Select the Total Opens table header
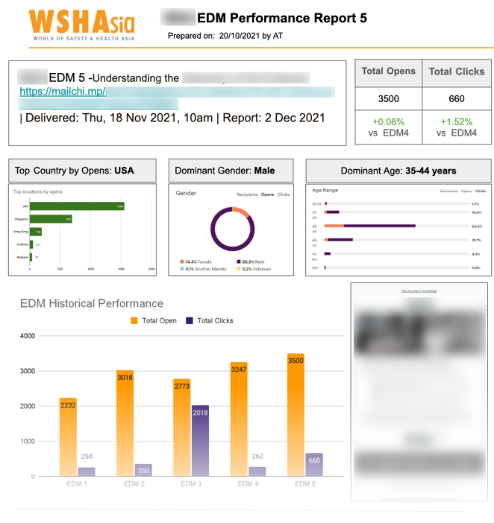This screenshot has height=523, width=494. pyautogui.click(x=388, y=72)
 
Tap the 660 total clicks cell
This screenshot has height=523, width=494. pyautogui.click(x=456, y=98)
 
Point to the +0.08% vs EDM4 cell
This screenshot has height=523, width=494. pyautogui.click(x=388, y=126)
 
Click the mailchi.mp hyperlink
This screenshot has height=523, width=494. pyautogui.click(x=63, y=92)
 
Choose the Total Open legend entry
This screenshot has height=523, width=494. pyautogui.click(x=153, y=320)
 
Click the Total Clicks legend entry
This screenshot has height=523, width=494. pyautogui.click(x=210, y=320)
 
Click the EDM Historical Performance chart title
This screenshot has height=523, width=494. pyautogui.click(x=91, y=303)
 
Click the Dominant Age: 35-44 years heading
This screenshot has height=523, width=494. pyautogui.click(x=398, y=171)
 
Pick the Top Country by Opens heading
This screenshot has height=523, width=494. pyautogui.click(x=75, y=171)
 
